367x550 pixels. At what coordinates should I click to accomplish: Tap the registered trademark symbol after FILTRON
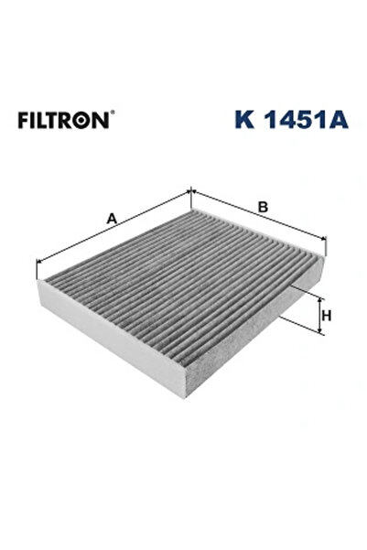tap(113, 113)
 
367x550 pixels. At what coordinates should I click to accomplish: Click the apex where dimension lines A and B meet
tap(190, 191)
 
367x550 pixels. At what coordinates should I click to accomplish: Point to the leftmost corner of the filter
tap(38, 275)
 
